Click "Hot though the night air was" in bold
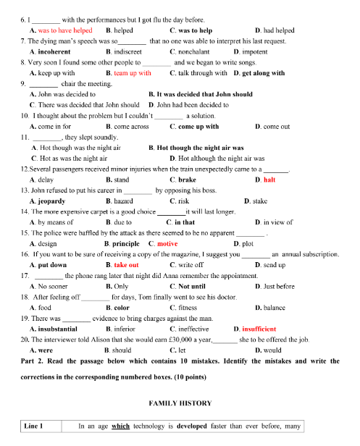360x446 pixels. pyautogui.click(x=205, y=147)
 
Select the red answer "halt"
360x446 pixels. pyautogui.click(x=269, y=179)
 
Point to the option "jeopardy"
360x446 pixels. pyautogui.click(x=54, y=201)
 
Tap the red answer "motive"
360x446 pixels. pyautogui.click(x=167, y=243)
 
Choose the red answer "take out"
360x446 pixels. pyautogui.click(x=126, y=265)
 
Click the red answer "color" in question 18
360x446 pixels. pyautogui.click(x=122, y=307)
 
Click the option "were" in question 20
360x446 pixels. pyautogui.click(x=45, y=350)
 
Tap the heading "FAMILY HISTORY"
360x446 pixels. pyautogui.click(x=180, y=403)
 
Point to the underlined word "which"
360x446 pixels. pyautogui.click(x=120, y=426)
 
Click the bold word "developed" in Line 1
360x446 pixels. pyautogui.click(x=193, y=426)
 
